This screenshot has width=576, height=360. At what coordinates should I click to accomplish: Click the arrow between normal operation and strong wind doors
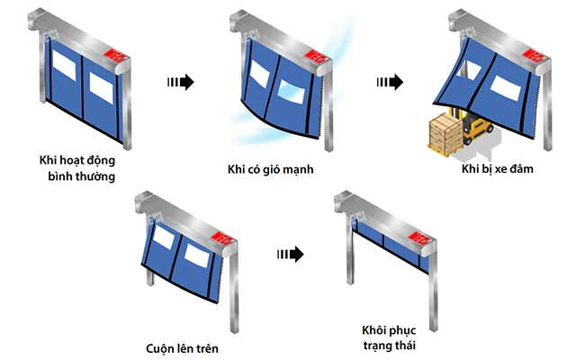181,82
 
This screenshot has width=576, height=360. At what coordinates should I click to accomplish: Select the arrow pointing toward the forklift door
389,82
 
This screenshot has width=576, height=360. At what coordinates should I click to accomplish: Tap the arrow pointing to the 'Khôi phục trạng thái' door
289,254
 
